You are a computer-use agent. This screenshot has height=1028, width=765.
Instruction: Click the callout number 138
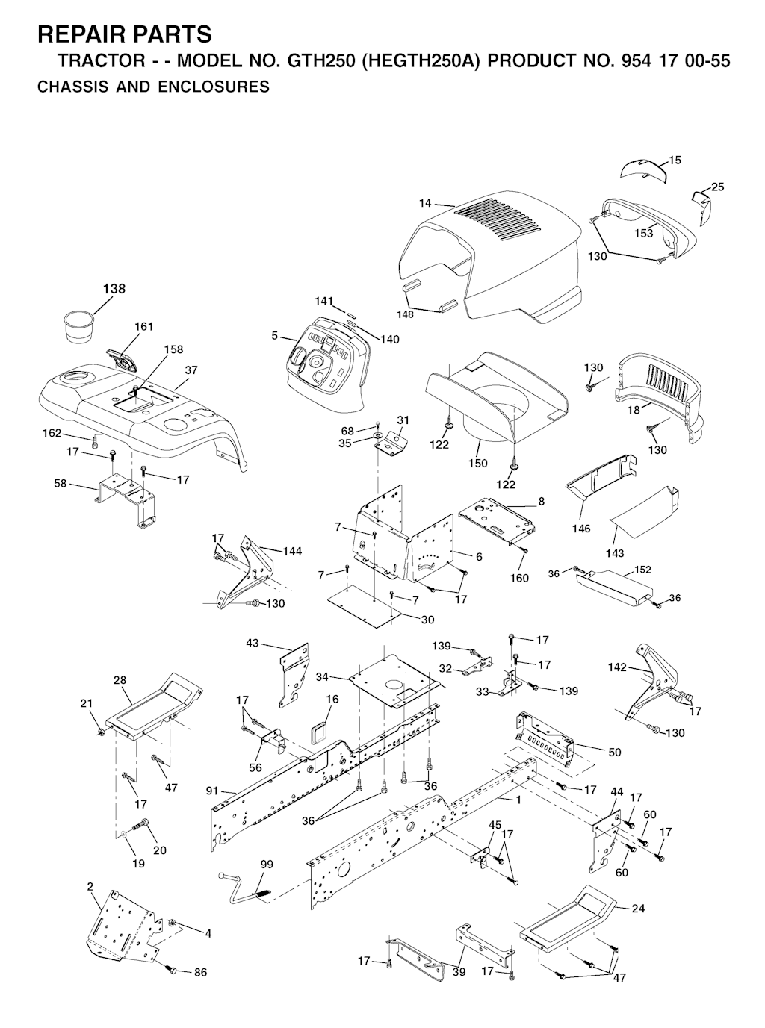pos(114,288)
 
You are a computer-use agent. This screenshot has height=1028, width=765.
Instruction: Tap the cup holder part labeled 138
pos(78,328)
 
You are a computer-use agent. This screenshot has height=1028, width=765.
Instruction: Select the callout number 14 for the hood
pos(425,203)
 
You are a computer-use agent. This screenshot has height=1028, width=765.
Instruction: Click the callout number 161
pos(144,326)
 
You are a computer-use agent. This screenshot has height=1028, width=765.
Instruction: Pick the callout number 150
pos(478,463)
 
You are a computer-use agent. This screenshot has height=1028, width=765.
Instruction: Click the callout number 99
pos(267,865)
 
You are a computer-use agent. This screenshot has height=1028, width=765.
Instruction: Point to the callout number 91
pos(212,791)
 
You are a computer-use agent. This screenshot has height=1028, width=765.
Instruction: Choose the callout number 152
pos(642,570)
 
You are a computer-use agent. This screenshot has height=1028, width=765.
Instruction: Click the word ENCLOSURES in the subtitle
pos(214,87)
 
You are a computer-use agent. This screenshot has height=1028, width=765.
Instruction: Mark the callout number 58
pos(61,484)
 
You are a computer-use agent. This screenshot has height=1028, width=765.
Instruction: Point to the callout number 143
pos(615,553)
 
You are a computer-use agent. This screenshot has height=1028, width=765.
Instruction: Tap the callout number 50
pos(615,752)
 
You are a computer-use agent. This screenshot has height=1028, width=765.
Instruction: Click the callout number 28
pos(120,680)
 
